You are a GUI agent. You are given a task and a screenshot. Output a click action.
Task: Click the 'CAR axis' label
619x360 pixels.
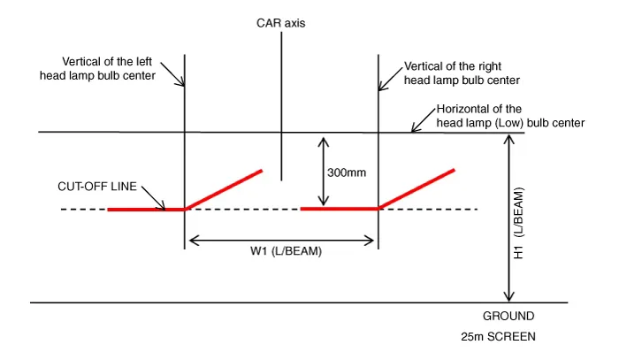click(280, 22)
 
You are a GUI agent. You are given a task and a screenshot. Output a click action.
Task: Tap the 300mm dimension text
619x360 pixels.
click(346, 172)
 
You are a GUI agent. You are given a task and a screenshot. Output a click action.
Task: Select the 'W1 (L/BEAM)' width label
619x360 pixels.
click(281, 251)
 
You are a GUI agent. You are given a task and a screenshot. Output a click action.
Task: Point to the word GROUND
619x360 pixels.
click(508, 316)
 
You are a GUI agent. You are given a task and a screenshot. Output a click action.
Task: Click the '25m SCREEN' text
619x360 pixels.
click(498, 337)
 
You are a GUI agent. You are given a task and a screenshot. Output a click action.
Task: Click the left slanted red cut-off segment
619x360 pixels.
click(224, 188)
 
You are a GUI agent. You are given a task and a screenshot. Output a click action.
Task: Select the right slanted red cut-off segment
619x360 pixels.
click(416, 188)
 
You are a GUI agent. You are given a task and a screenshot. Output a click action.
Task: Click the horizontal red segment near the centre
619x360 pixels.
click(340, 209)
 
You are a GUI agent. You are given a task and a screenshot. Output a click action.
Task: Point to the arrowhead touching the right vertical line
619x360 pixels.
click(382, 86)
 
